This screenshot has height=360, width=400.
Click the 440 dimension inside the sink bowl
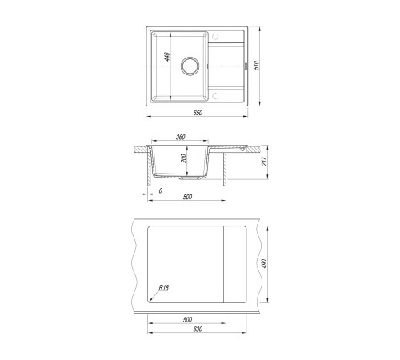[x=167, y=57]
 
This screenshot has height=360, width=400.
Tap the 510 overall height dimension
[x=256, y=66]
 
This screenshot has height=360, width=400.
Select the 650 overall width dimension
[x=198, y=113]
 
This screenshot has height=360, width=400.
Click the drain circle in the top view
[x=190, y=66]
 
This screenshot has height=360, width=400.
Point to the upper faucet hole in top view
[x=215, y=36]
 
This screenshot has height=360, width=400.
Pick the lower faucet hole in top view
[x=215, y=96]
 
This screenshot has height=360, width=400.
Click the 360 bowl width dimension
[x=181, y=137]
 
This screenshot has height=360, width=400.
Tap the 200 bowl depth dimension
[x=184, y=158]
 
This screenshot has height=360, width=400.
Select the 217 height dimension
[x=264, y=161]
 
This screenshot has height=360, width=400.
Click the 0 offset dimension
[x=161, y=190]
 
